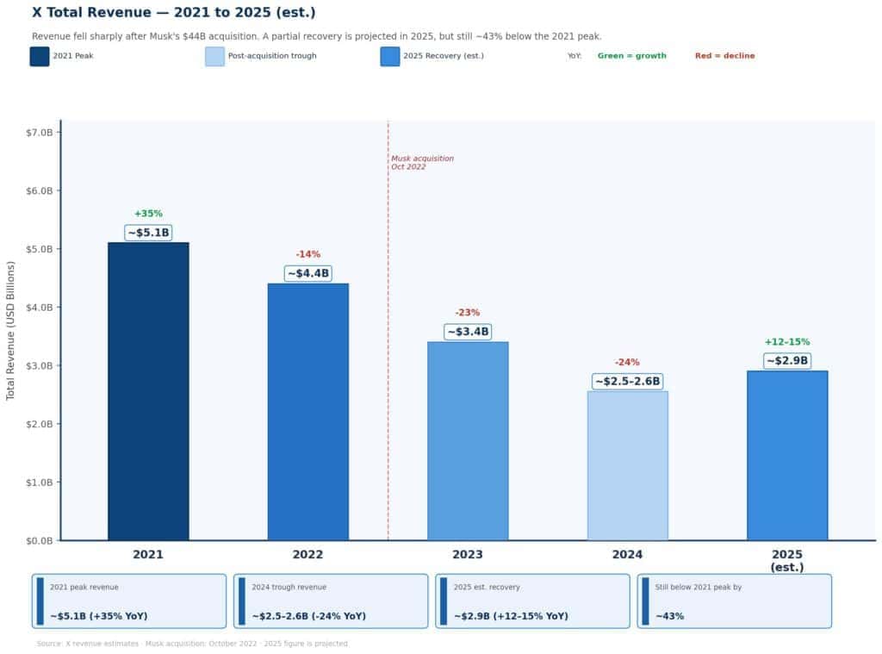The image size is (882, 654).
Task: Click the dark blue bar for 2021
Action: click(x=148, y=391)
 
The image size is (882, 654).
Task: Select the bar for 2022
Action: click(x=307, y=412)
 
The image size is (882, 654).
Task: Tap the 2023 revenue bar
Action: click(x=468, y=441)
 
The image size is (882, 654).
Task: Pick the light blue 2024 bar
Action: click(x=627, y=465)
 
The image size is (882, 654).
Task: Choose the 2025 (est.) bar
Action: click(x=786, y=456)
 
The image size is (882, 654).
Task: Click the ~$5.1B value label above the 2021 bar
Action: click(x=148, y=233)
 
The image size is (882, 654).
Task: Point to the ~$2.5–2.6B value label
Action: click(x=627, y=382)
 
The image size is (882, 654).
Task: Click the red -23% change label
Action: click(x=468, y=313)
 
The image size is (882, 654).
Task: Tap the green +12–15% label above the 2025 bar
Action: click(x=786, y=342)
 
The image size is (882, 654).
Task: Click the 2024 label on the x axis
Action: click(x=627, y=555)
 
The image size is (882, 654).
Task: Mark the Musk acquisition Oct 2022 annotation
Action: click(x=422, y=163)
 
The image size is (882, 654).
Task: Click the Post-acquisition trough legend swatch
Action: click(x=214, y=56)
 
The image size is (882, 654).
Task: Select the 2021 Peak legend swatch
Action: click(x=40, y=56)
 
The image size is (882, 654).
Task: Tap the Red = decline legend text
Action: click(x=724, y=56)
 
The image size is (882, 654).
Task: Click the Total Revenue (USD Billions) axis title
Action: click(x=11, y=331)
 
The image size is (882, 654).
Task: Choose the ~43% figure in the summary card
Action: click(x=669, y=616)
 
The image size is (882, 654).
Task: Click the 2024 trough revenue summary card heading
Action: click(x=289, y=587)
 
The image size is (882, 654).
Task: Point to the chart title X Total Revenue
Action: click(x=173, y=13)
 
